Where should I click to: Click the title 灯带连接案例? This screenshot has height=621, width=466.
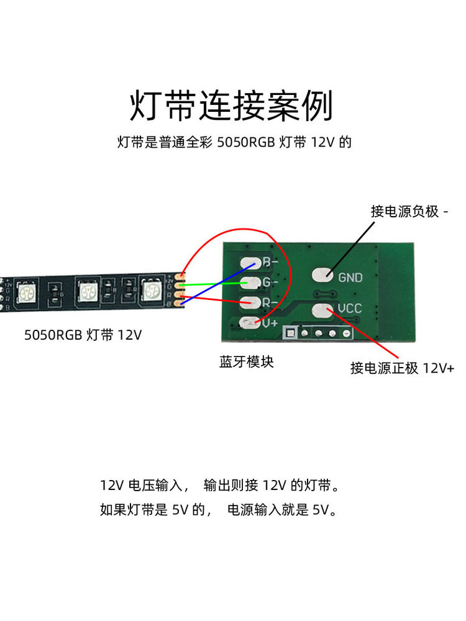click(x=231, y=106)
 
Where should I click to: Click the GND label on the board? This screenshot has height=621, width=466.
click(x=350, y=278)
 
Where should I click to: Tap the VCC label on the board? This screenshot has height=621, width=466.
click(x=350, y=308)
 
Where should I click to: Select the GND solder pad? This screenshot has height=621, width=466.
click(x=321, y=274)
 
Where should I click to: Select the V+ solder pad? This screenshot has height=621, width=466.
click(x=249, y=322)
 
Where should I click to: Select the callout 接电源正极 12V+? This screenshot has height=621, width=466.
click(x=403, y=368)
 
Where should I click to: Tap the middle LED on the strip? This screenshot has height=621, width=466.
click(x=86, y=289)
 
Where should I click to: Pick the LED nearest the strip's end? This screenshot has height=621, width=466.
click(x=152, y=289)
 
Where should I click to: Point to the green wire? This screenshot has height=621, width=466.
click(x=211, y=284)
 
